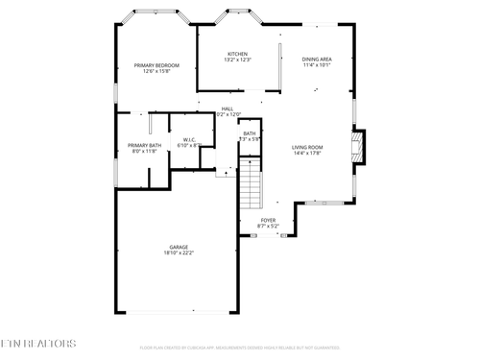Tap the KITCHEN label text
237,54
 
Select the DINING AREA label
317,60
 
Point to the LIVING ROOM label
307,147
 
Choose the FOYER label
269,220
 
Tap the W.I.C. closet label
189,140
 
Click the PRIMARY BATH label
142,145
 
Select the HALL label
228,108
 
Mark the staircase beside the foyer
251,184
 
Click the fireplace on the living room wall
358,146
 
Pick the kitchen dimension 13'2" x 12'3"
237,60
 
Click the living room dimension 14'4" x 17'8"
307,154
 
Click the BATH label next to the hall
250,133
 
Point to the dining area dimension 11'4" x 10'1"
317,66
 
